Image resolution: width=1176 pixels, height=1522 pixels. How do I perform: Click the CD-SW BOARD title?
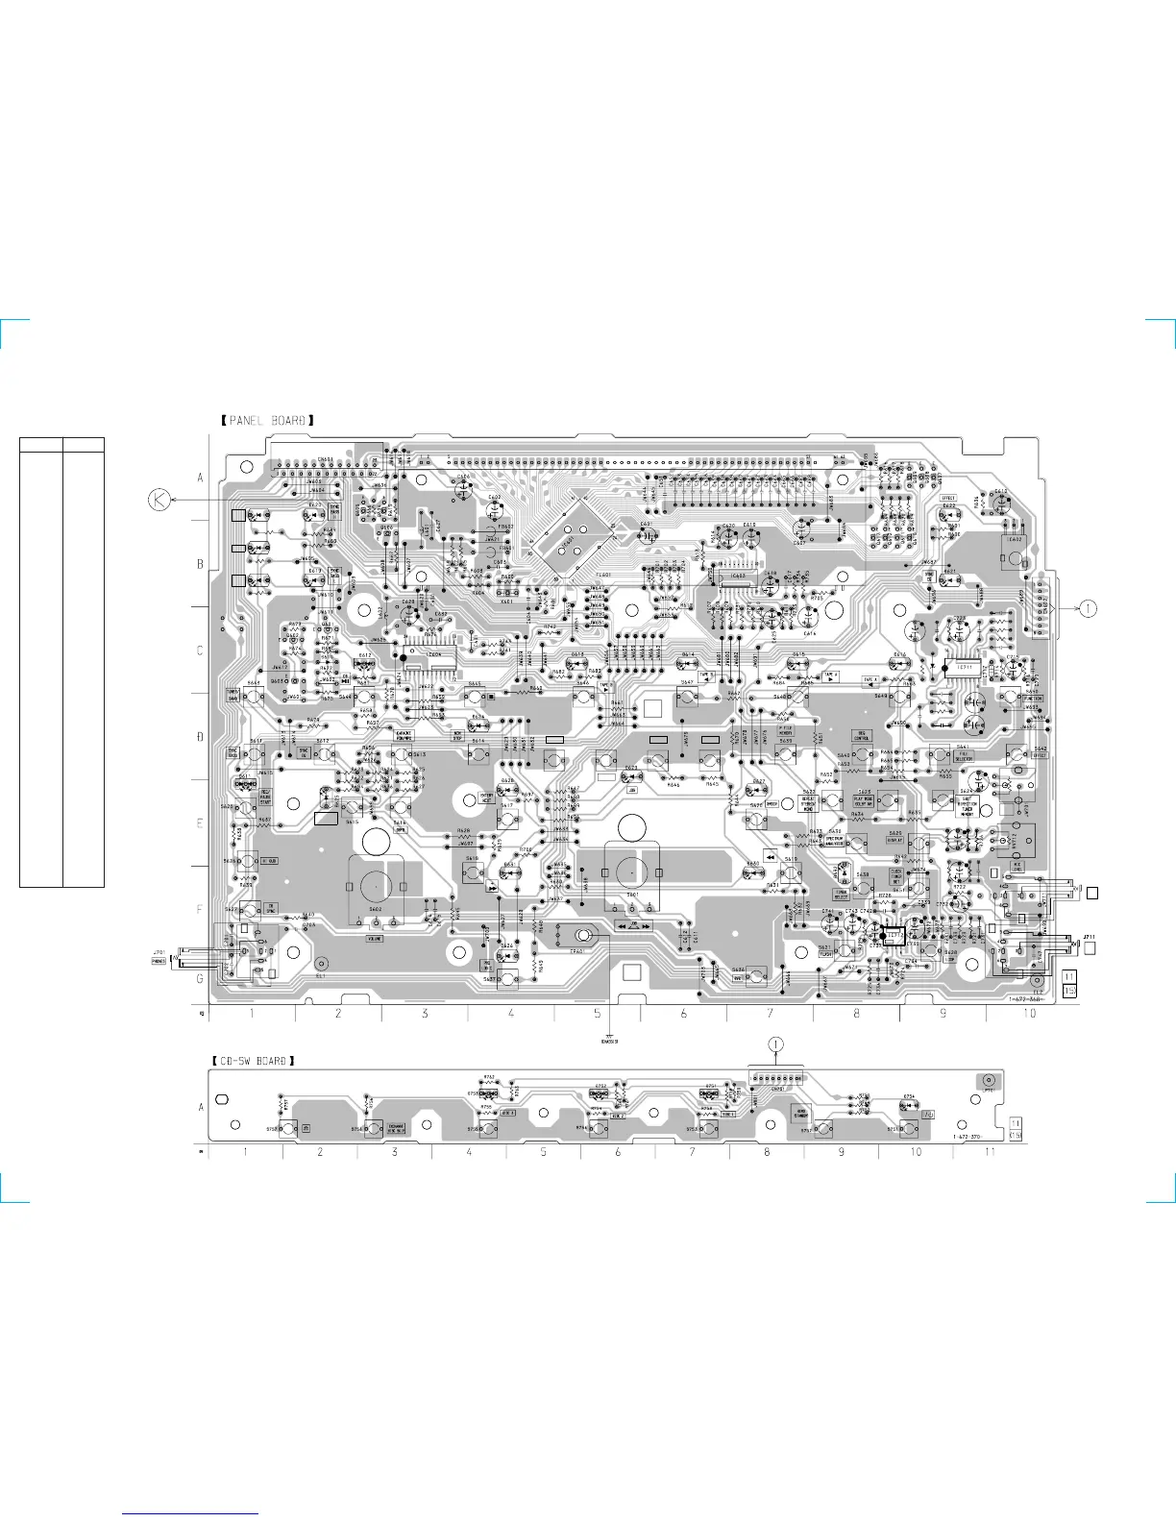pyautogui.click(x=253, y=1061)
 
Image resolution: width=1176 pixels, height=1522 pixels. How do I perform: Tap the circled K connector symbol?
pyautogui.click(x=159, y=500)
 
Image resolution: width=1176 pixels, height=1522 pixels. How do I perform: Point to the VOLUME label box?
pyautogui.click(x=375, y=938)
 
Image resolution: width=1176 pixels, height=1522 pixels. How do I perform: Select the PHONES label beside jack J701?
pyautogui.click(x=159, y=961)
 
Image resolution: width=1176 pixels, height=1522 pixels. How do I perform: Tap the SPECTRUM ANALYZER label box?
pyautogui.click(x=834, y=841)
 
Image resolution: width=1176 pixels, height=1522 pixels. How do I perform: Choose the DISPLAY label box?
pyautogui.click(x=894, y=840)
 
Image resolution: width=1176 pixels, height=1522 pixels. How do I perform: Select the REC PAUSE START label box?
pyautogui.click(x=265, y=798)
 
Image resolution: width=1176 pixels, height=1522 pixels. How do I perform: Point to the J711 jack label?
pyautogui.click(x=1090, y=936)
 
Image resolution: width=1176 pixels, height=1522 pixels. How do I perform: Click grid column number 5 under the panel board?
pyautogui.click(x=597, y=1014)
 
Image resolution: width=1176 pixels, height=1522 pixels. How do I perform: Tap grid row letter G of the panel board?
pyautogui.click(x=200, y=978)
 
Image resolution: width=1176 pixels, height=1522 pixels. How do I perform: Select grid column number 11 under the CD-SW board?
pyautogui.click(x=990, y=1151)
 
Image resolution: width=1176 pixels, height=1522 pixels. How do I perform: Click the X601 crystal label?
pyautogui.click(x=506, y=601)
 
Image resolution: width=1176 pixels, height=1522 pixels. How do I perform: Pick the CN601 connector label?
pyautogui.click(x=327, y=460)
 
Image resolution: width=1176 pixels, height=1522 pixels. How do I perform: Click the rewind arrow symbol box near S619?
pyautogui.click(x=770, y=855)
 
